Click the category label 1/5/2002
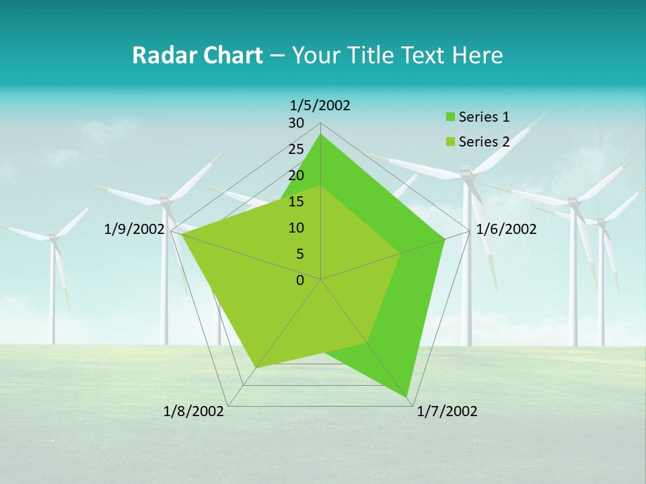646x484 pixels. pos(320,105)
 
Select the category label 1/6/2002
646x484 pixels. pos(506,229)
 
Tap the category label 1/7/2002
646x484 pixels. pos(447,411)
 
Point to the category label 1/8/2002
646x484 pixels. pos(194,411)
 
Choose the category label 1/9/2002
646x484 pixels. pos(134,229)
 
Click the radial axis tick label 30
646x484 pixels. pos(296,123)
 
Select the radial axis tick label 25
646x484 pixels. pos(296,149)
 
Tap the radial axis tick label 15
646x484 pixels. pos(296,202)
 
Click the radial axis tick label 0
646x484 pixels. pos(300,280)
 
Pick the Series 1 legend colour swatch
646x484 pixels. pos(451,118)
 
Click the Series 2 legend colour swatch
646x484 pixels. pos(451,142)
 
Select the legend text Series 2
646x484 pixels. pos(484,142)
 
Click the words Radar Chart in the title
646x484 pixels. pos(197,55)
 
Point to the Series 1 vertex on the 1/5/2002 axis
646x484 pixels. pos(321,134)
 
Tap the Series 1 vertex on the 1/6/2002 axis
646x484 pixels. pos(445,239)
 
